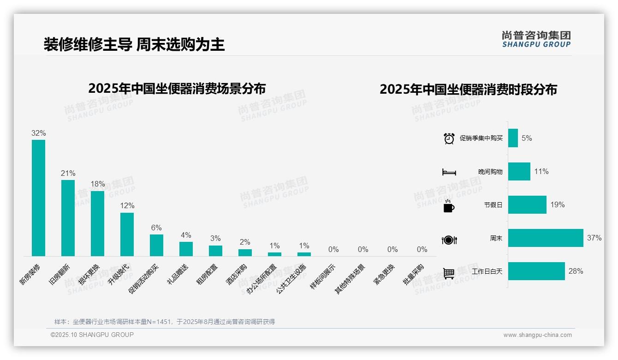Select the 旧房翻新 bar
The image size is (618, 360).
tap(68, 218)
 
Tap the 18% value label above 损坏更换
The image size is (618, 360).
tap(98, 184)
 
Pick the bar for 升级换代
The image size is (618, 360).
tap(127, 234)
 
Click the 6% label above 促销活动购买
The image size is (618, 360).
tap(156, 228)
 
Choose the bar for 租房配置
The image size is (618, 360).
tap(215, 251)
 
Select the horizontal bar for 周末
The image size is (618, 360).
tap(546, 238)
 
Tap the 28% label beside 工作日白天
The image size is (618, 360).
tap(576, 271)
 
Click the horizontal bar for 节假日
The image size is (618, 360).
tap(527, 204)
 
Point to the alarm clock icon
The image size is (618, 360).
tap(449, 138)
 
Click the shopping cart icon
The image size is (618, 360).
tap(449, 273)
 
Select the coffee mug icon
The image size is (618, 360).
tap(449, 206)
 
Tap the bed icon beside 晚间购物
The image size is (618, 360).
tap(449, 172)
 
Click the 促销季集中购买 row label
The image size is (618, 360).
tap(481, 138)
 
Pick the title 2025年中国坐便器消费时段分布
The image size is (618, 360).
tap(468, 89)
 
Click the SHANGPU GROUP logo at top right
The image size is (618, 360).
tap(536, 39)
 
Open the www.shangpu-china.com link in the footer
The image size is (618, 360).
tap(537, 335)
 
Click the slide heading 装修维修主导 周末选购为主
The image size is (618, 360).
tap(134, 44)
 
